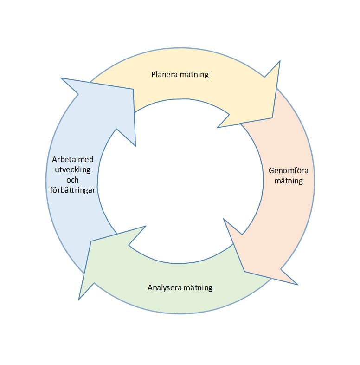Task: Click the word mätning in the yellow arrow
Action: click(194, 74)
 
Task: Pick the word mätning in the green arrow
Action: click(198, 287)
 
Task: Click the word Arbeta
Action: click(63, 160)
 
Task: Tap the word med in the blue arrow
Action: click(87, 160)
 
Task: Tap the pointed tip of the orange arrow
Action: click(244, 272)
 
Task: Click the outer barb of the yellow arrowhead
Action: click(280, 60)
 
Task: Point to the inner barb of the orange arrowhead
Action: click(223, 218)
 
